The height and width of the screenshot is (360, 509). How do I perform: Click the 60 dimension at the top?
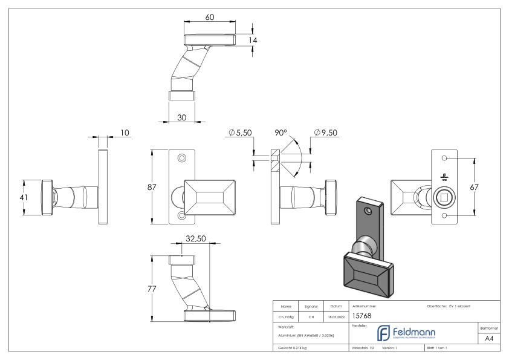coord(210,18)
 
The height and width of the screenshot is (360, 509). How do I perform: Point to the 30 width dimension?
coord(182,117)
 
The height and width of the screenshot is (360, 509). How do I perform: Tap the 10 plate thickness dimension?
coord(126,133)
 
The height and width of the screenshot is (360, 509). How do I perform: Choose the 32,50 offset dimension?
coord(196,239)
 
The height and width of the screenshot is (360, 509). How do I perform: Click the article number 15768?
coord(362,315)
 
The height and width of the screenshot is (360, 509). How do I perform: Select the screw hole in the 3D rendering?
coord(368,211)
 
